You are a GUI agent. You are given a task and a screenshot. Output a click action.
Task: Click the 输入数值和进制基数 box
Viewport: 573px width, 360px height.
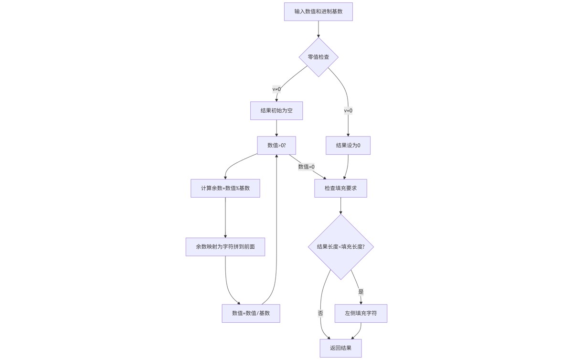[x=318, y=11]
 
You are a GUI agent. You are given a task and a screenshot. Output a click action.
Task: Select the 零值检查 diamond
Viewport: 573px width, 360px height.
[x=318, y=57]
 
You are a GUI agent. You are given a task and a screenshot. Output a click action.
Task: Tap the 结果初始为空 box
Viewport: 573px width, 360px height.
[x=276, y=110]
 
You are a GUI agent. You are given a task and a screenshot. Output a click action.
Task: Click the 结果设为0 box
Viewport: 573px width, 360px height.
[x=348, y=145]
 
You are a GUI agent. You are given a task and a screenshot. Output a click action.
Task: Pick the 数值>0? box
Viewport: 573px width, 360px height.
[x=276, y=145]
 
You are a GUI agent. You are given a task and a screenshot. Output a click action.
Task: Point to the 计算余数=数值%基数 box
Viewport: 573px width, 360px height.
[x=225, y=188]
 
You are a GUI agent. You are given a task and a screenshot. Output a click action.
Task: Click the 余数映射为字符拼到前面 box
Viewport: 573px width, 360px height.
[x=225, y=247]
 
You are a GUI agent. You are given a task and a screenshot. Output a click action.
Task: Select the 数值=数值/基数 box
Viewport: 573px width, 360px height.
[x=251, y=313]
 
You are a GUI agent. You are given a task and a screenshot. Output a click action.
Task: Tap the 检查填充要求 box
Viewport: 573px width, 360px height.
[x=340, y=188]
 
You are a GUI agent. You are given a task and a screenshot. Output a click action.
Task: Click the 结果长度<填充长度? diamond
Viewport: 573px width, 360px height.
[x=340, y=247]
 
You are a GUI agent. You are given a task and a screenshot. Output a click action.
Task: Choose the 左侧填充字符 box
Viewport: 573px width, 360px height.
[x=361, y=313]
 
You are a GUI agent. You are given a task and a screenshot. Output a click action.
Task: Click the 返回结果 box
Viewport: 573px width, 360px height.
[x=340, y=348]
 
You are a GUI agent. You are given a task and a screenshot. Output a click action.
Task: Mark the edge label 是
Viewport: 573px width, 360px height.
[x=361, y=291]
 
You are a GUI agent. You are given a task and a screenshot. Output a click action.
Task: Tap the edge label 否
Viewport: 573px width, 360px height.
[x=320, y=313]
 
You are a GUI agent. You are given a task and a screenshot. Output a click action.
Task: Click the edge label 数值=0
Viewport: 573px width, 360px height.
[x=306, y=167]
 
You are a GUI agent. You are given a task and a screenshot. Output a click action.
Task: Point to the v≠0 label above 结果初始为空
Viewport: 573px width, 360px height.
[x=276, y=89]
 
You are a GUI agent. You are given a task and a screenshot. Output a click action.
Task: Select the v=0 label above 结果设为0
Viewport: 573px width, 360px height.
[x=348, y=110]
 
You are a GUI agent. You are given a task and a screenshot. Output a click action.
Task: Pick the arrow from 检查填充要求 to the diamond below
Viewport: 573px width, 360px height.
[x=340, y=205]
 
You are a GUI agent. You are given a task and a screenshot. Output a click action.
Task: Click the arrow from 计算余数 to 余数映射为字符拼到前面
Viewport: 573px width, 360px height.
[x=225, y=217]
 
